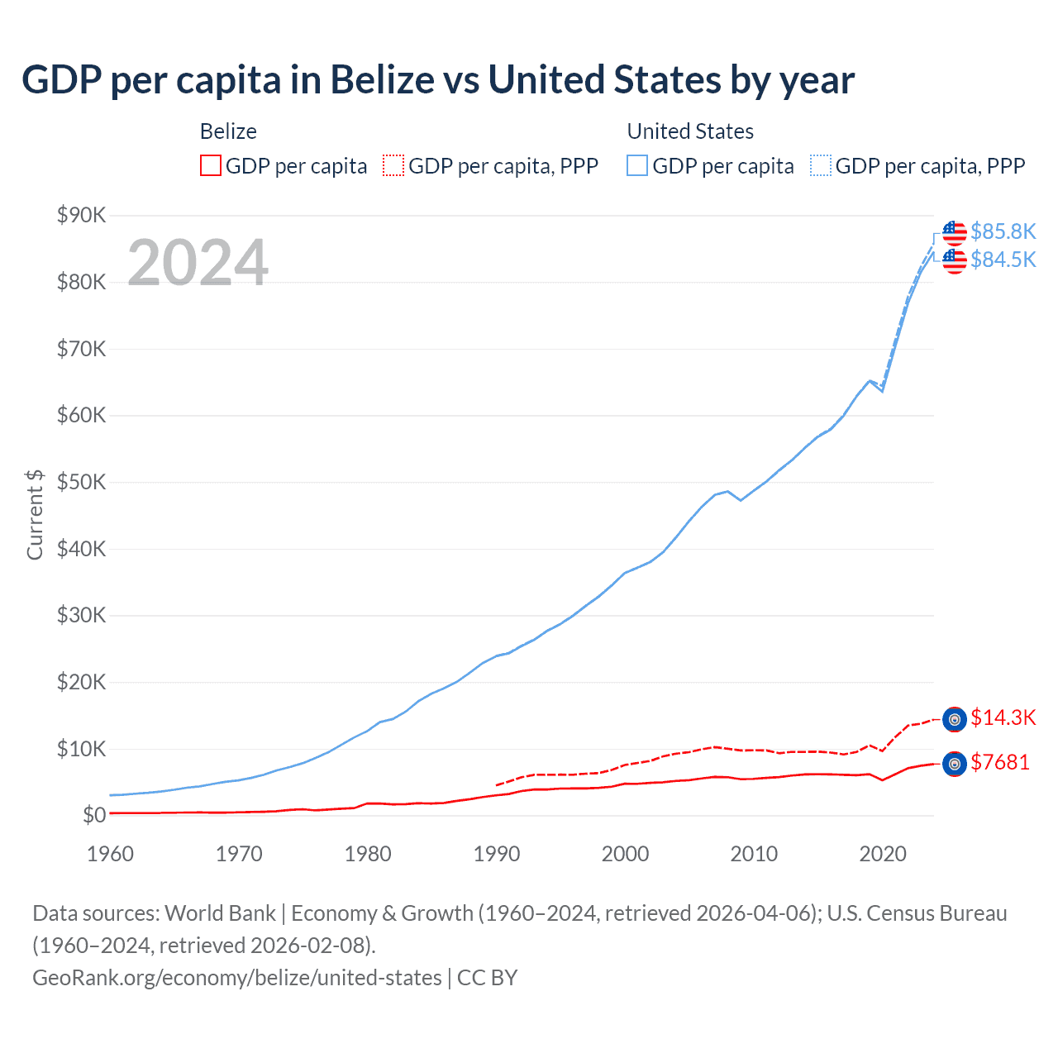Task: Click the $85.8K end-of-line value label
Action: coord(1003,231)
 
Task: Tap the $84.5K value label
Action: coord(1003,260)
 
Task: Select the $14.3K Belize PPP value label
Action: coord(1003,717)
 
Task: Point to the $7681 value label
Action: coord(1000,762)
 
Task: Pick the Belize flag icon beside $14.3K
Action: coord(955,720)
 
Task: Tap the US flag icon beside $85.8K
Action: coord(955,233)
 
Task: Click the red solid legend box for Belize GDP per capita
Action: coord(211,165)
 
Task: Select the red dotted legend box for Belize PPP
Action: coord(393,165)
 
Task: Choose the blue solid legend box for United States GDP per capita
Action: coord(637,165)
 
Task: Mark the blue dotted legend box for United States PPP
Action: coord(821,165)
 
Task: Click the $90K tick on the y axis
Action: coord(81,216)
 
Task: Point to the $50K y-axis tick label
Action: coord(81,483)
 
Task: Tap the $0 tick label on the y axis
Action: coord(94,816)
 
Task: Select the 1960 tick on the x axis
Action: coord(110,854)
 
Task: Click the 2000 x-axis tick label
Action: coord(625,854)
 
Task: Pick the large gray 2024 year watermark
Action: coord(198,263)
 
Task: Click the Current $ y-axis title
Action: coord(35,514)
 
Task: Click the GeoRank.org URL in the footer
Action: coord(237,978)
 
